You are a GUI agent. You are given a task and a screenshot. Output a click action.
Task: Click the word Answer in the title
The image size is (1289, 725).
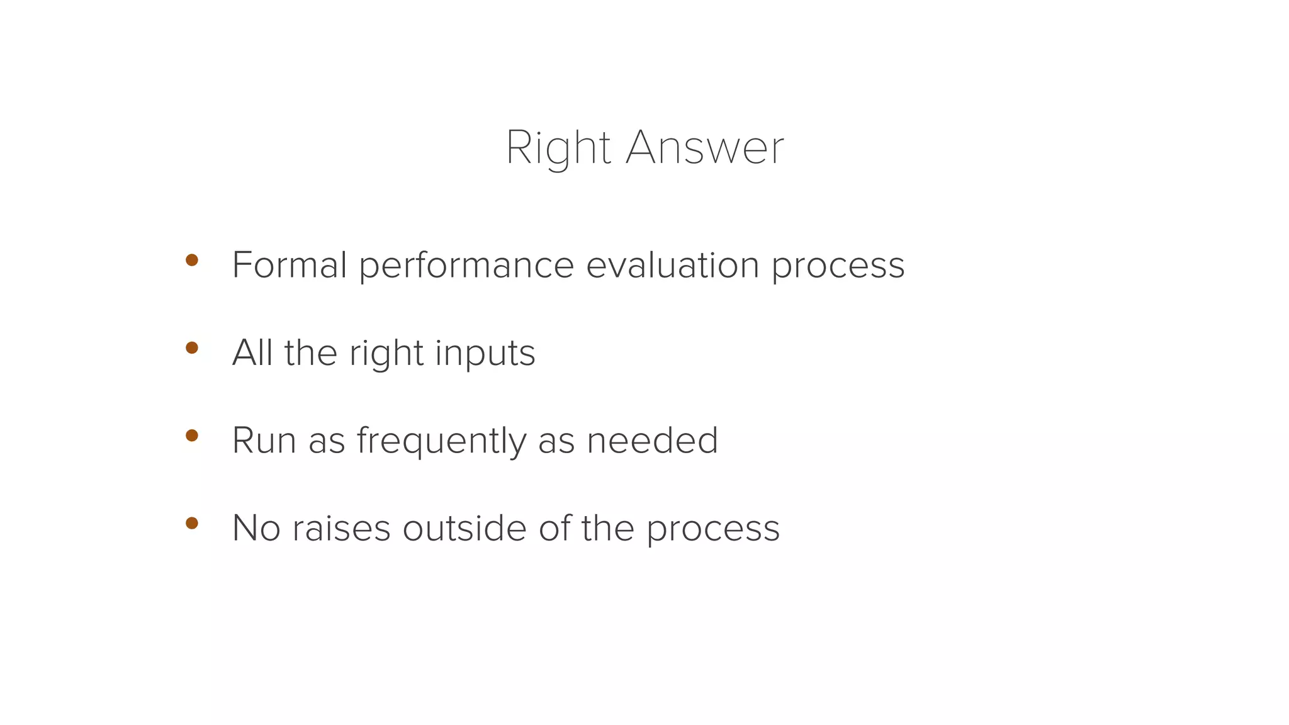tap(705, 149)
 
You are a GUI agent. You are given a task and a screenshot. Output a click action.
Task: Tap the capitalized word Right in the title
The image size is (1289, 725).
tap(558, 149)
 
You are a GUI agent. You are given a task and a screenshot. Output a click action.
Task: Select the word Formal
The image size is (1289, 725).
tap(290, 265)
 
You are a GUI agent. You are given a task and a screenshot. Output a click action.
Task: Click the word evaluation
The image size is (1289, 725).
tap(673, 265)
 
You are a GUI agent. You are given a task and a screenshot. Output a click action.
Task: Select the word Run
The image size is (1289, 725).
tap(264, 440)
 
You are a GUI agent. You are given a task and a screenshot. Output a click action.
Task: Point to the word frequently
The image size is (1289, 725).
tap(441, 441)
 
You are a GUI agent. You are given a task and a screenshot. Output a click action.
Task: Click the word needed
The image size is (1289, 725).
tap(652, 440)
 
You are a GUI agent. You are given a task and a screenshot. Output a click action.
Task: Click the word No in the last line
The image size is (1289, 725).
tap(256, 528)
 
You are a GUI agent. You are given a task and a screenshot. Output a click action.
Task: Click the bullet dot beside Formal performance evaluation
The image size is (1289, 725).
tap(192, 260)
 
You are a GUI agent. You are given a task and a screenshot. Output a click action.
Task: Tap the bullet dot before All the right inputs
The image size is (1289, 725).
tap(192, 347)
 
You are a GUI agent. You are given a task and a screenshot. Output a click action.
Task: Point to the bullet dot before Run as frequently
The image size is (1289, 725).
tap(192, 435)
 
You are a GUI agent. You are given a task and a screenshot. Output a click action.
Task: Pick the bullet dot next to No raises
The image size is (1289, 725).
tap(192, 523)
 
